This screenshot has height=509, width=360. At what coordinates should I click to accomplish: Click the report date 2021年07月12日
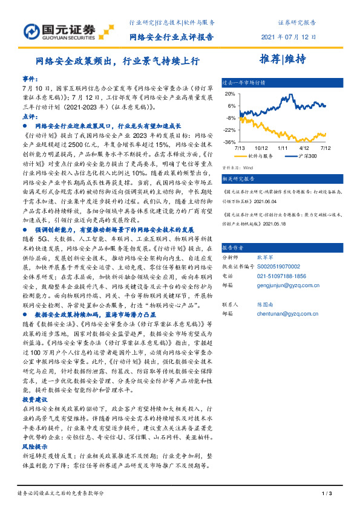click(x=289, y=37)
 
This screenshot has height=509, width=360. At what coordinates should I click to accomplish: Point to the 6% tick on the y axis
click(x=231, y=105)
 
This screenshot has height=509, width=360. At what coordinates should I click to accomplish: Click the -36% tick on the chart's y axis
click(x=230, y=142)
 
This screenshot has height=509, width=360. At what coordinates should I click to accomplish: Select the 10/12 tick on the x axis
click(x=261, y=148)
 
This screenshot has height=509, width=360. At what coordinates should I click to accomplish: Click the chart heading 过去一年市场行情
click(x=244, y=81)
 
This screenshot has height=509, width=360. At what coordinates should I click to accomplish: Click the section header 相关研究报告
click(x=240, y=180)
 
